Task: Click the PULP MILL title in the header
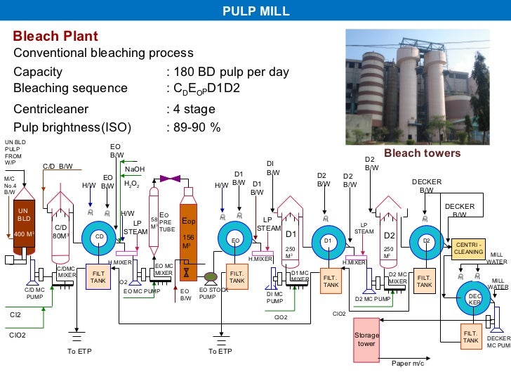click(x=255, y=10)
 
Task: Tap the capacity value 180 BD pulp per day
click(x=231, y=72)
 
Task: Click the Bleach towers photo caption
click(x=422, y=153)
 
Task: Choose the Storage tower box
click(x=367, y=340)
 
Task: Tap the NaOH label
click(x=135, y=169)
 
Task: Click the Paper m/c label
click(x=408, y=364)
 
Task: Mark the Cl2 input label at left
click(x=15, y=315)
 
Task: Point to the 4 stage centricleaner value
click(x=194, y=109)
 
